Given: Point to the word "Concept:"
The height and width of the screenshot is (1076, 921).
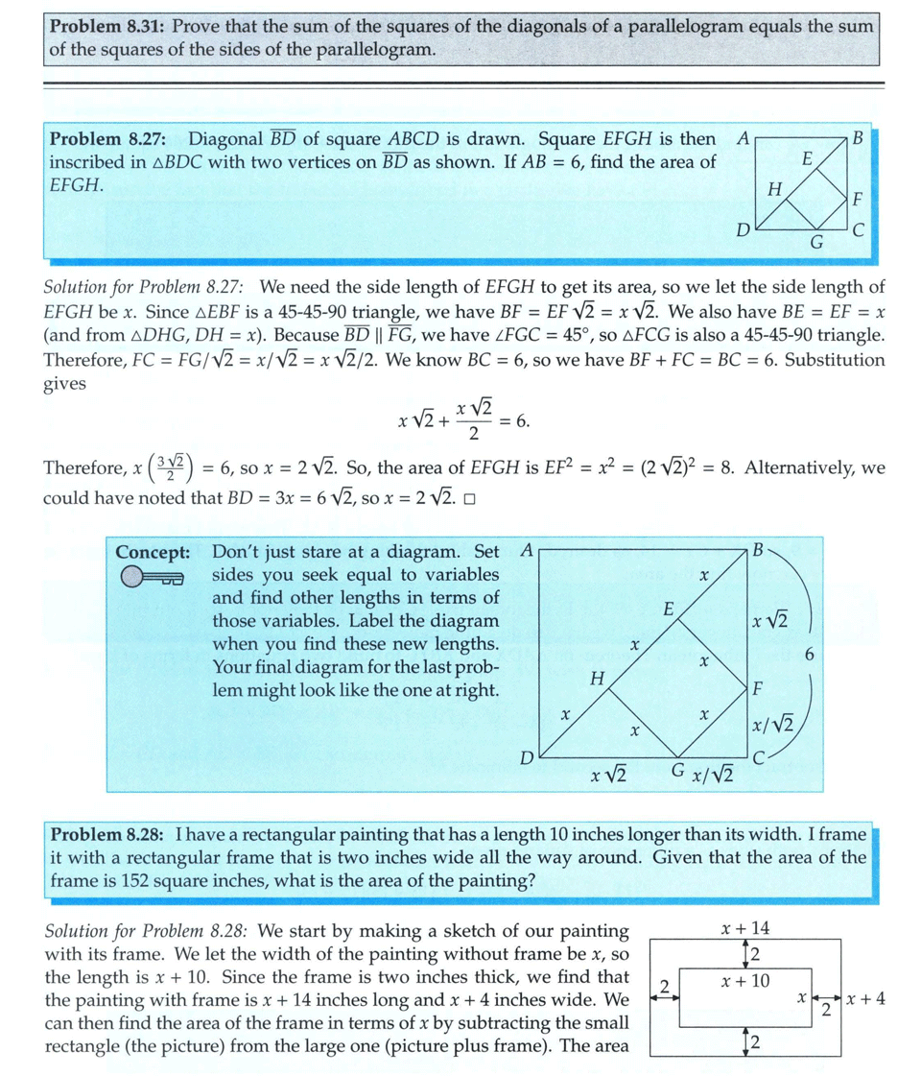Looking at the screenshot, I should coord(153,552).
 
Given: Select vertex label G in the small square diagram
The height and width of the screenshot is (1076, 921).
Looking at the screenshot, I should coord(816,243).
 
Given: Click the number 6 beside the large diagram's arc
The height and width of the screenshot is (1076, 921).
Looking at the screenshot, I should coord(813,655).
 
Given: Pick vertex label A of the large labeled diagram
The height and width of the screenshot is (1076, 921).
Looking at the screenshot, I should coord(525,551).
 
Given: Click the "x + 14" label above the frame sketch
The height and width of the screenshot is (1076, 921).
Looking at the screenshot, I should coord(745,927).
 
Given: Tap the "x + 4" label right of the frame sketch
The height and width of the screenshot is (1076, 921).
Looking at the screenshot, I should coord(866,999).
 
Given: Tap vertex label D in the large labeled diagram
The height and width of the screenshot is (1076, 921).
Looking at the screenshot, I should coord(526,758).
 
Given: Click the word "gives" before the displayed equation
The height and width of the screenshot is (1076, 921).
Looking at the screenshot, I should coord(65,383).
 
